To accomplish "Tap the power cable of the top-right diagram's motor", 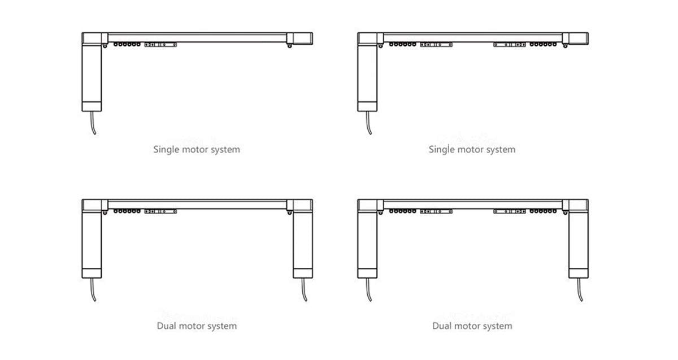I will tap(369, 123).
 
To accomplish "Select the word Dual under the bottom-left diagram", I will tap(167, 326).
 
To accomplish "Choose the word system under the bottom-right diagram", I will tap(497, 326).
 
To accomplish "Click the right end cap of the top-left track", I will tap(299, 38).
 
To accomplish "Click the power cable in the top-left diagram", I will tap(93, 123).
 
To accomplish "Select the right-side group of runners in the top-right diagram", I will tap(541, 44).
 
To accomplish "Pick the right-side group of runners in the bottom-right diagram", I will tap(541, 211).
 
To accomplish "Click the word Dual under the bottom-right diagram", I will tap(442, 326).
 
